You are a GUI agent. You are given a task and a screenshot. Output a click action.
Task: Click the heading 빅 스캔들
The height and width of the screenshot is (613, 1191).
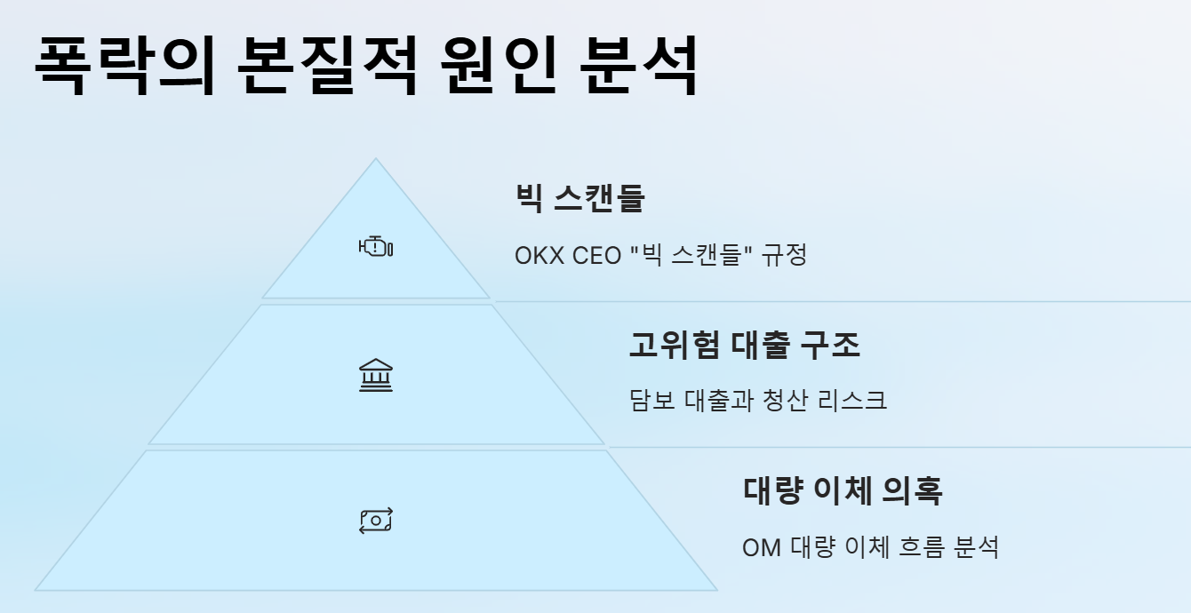coord(580,198)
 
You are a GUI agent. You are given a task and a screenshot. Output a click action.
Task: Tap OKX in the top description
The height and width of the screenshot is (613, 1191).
coord(540,256)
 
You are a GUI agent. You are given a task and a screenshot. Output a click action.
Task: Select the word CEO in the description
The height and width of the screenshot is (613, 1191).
coord(596,256)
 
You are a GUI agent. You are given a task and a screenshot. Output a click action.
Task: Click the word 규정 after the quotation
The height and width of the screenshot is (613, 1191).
coord(784,256)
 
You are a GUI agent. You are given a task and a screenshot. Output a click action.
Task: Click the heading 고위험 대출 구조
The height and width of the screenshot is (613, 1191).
coord(744,344)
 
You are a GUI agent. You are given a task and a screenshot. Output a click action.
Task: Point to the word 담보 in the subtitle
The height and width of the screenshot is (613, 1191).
coord(651,401)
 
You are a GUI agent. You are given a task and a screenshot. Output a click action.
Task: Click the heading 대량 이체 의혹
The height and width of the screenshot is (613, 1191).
coord(842,490)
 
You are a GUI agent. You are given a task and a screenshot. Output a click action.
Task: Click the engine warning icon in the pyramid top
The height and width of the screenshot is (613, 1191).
coord(375,247)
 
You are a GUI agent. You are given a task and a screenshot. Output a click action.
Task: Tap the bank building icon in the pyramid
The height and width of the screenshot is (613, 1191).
coord(375,376)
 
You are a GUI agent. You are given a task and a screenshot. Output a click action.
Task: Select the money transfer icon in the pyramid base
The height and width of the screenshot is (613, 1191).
coord(375,521)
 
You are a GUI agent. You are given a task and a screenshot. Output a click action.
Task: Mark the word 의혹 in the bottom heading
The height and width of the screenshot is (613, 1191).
coord(912,490)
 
